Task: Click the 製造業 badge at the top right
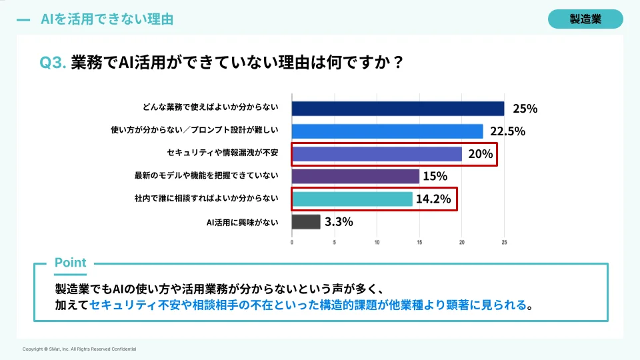(x=585, y=19)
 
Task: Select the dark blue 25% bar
(x=398, y=109)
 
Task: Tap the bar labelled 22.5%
(x=387, y=131)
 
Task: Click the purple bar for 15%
(x=355, y=176)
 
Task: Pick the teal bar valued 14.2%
(x=352, y=199)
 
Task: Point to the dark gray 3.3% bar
(x=306, y=221)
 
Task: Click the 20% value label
(x=480, y=154)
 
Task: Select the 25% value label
(x=525, y=109)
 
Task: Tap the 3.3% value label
(x=339, y=221)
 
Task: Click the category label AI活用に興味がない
(x=243, y=221)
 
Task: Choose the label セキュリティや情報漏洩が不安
(x=215, y=154)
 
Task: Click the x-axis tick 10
(x=377, y=241)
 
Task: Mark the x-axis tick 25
(x=504, y=241)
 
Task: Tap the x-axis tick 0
(x=292, y=241)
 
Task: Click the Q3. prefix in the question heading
(x=53, y=62)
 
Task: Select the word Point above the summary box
(x=70, y=263)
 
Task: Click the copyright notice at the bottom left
(x=79, y=349)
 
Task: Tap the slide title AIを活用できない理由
(x=107, y=19)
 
